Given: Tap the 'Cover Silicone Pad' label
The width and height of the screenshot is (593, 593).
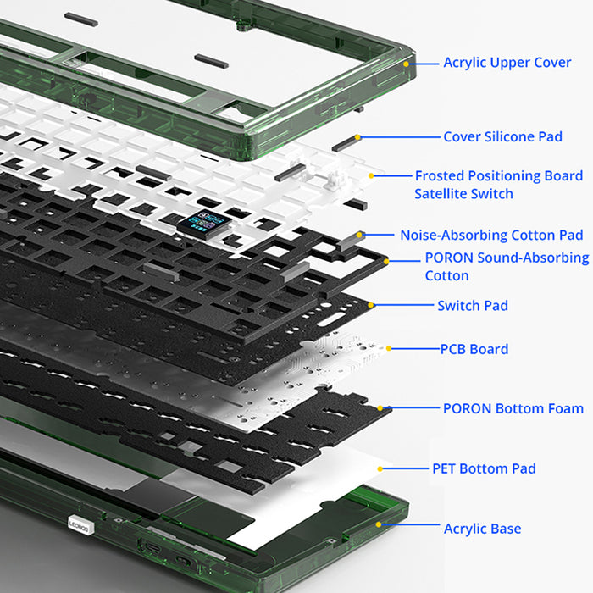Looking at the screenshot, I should (502, 136).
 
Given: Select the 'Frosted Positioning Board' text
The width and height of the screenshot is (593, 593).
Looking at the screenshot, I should (498, 175).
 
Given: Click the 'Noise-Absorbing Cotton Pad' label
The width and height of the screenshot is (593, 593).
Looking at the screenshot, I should (491, 235).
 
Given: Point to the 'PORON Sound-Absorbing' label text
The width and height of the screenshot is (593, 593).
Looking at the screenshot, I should (507, 258).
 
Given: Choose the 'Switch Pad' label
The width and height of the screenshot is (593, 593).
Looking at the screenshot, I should (473, 305).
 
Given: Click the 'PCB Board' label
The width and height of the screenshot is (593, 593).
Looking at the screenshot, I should (474, 349).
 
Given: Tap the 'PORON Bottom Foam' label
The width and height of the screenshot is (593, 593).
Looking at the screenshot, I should (513, 408).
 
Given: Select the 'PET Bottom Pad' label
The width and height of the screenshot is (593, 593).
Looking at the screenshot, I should (484, 468).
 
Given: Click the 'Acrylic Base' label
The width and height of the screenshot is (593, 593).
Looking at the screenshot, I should (482, 529).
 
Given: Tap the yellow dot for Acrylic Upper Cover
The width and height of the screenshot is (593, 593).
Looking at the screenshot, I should (406, 63).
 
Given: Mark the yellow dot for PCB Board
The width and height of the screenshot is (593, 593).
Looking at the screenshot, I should (389, 348).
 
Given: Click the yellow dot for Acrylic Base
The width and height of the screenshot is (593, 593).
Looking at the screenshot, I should (383, 524).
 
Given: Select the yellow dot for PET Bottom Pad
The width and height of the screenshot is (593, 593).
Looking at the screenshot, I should (380, 468).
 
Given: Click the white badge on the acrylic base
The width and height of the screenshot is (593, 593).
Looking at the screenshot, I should (78, 525).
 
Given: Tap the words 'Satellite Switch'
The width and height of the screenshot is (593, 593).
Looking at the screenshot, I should (463, 194).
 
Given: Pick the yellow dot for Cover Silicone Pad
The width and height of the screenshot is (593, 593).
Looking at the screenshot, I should (358, 136).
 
